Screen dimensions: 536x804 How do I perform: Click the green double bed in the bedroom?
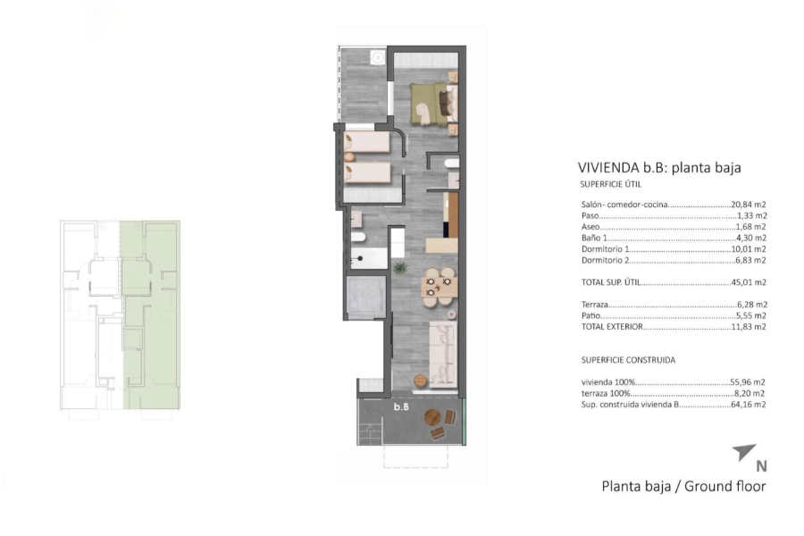[x=431, y=104]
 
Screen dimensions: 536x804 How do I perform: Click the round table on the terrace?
[x=433, y=416]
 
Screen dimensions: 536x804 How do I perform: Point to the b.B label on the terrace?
[x=402, y=407]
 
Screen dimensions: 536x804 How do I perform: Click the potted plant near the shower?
[x=401, y=267]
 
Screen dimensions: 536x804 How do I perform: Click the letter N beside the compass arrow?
[x=761, y=465]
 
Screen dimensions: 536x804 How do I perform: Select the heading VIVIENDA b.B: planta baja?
[x=659, y=167]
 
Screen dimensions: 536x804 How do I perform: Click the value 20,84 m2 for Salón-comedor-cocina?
[x=750, y=205]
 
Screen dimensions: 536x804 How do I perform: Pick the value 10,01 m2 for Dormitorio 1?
[x=750, y=249]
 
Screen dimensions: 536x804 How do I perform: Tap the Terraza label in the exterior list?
[x=596, y=305]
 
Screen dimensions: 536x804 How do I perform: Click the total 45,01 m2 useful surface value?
[x=750, y=282]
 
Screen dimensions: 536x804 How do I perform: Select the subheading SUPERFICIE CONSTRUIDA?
[x=628, y=360]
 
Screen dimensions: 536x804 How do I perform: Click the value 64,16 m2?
[x=750, y=404]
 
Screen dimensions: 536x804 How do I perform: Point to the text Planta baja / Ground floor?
[x=683, y=487]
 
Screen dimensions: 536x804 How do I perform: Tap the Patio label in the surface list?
[x=590, y=316]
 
